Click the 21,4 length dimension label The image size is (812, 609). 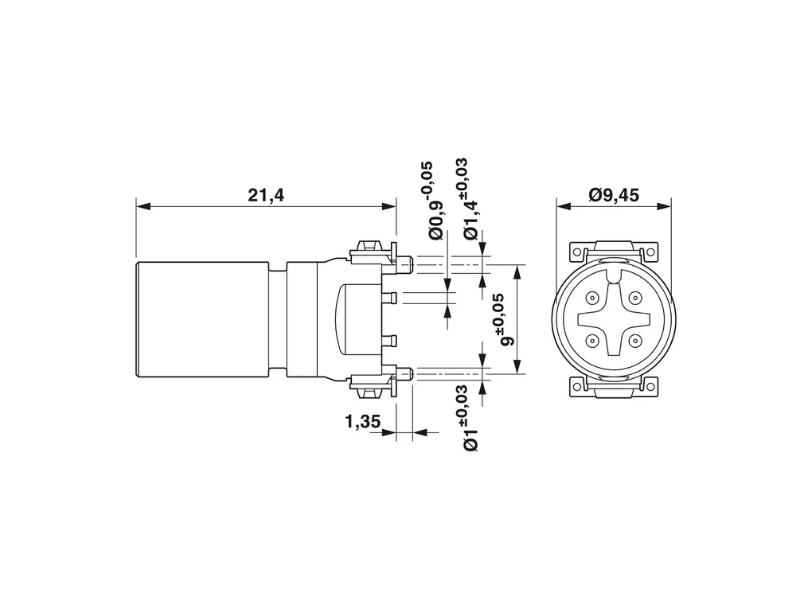(266, 195)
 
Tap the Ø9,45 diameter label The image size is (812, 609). (614, 195)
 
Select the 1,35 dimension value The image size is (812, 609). (362, 422)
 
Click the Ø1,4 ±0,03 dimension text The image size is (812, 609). (467, 199)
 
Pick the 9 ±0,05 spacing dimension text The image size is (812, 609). (502, 319)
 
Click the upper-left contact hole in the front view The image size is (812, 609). (591, 298)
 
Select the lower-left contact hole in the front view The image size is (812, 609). (591, 341)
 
